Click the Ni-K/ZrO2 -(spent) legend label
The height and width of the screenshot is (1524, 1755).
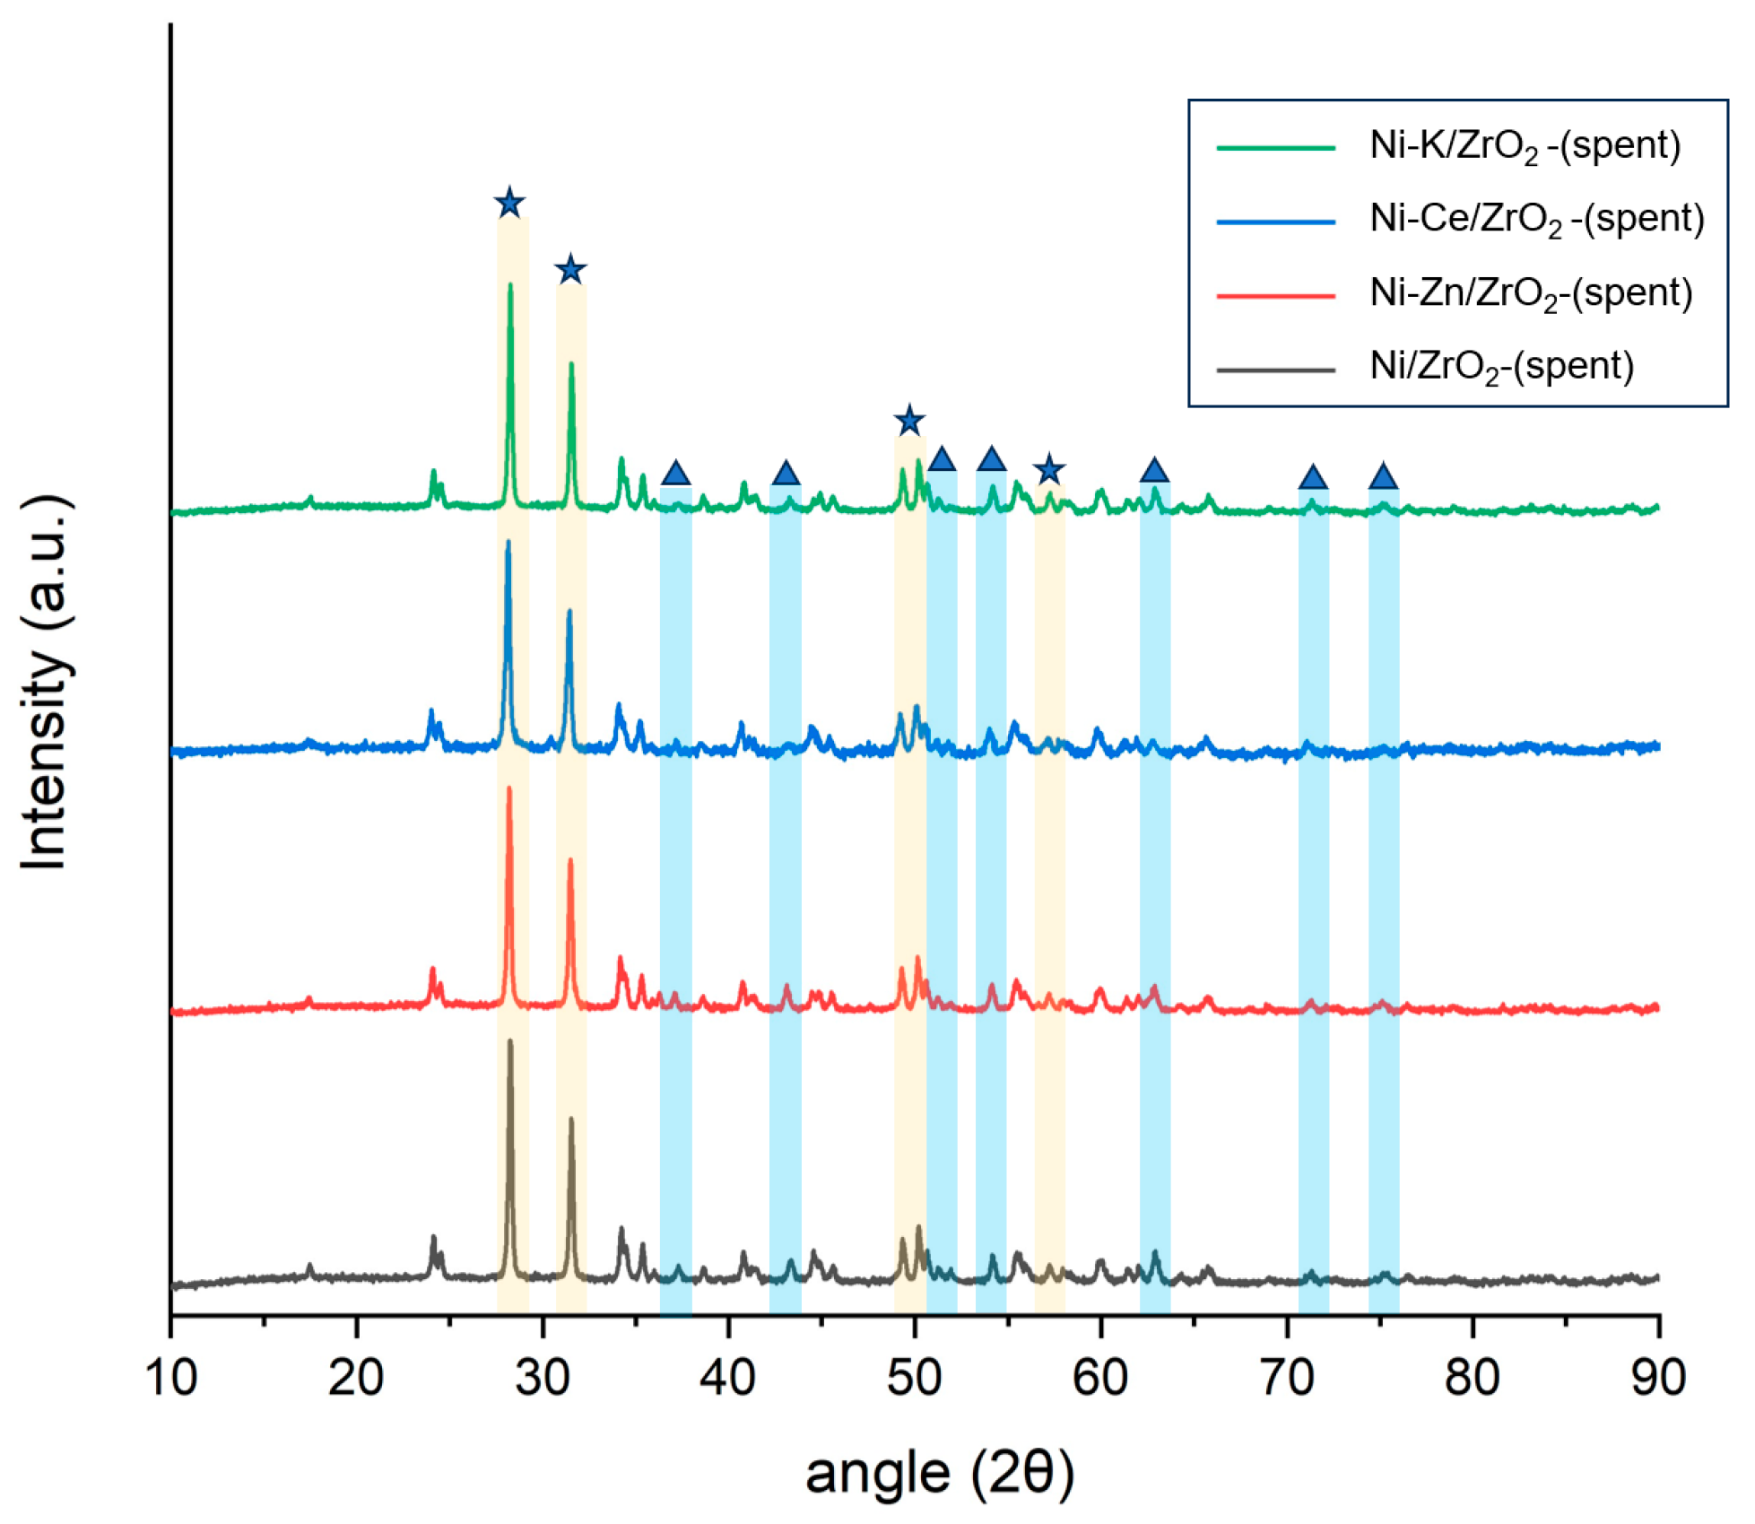point(1525,145)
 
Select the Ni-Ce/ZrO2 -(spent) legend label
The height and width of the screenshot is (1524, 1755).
point(1536,219)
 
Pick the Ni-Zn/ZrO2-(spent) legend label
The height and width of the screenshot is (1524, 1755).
point(1530,293)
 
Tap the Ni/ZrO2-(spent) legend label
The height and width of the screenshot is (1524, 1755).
point(1501,367)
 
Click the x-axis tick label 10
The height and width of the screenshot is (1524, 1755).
point(170,1377)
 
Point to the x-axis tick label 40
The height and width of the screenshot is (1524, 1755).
point(728,1377)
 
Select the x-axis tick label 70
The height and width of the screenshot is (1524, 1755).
point(1286,1377)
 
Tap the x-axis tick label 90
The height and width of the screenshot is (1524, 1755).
point(1658,1377)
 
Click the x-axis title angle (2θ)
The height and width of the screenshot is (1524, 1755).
point(939,1473)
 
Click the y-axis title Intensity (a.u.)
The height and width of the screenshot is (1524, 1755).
point(45,682)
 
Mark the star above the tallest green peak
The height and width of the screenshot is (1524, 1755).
point(509,203)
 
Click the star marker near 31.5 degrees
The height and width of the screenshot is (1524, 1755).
point(570,269)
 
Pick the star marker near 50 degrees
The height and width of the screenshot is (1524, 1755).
point(909,420)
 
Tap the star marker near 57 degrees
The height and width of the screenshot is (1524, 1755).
point(1048,468)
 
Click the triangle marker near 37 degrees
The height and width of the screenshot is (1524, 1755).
point(675,474)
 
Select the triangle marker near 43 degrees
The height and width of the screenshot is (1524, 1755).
point(785,474)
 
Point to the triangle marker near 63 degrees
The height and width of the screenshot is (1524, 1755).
point(1154,470)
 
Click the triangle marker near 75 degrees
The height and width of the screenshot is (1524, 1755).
point(1383,476)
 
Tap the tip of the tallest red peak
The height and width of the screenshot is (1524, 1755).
point(509,788)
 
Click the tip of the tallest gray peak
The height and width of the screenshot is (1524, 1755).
point(510,1041)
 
